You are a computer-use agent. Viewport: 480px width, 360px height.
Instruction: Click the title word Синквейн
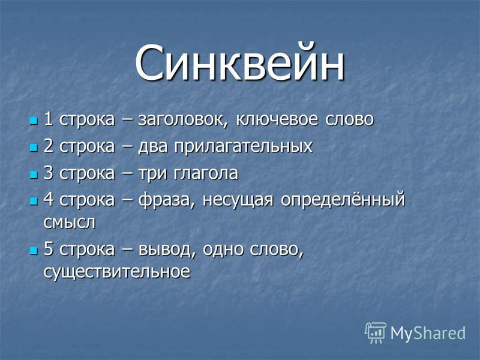[239, 63]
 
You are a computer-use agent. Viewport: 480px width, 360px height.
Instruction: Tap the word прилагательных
[244, 146]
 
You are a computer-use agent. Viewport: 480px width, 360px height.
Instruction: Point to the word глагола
[206, 173]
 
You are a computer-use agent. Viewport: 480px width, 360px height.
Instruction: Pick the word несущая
[237, 200]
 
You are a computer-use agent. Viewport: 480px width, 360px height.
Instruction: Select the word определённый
[343, 200]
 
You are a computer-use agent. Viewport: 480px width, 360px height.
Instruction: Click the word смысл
[69, 223]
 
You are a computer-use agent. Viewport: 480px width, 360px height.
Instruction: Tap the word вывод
[167, 250]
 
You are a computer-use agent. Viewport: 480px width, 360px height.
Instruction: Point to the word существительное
[116, 272]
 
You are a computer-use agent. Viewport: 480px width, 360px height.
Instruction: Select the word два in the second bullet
[153, 146]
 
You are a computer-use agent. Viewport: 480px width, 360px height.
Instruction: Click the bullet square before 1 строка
[34, 121]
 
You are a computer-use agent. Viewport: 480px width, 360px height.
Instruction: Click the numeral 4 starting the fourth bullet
[49, 199]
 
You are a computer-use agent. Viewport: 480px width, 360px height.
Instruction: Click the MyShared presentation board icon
[376, 332]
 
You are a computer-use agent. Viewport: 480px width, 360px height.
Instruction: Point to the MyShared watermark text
[428, 333]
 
